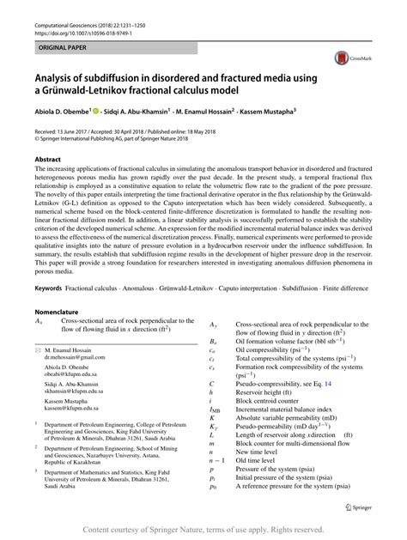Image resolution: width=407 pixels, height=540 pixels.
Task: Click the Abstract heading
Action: pos(47,159)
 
